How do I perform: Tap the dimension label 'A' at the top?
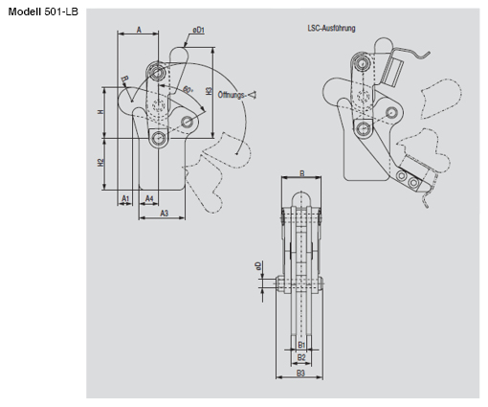pos(139,31)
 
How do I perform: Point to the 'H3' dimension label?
pos(209,92)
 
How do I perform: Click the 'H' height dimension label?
pos(100,112)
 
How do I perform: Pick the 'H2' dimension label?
pos(100,162)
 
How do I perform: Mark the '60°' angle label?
pos(187,90)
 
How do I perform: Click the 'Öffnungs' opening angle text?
pos(233,95)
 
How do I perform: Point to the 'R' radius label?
pos(123,79)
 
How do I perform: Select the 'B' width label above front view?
pos(301,173)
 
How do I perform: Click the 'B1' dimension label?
pos(301,344)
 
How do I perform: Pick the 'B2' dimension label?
pos(300,357)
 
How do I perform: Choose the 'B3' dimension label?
pos(300,373)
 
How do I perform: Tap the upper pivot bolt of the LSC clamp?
pos(364,62)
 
